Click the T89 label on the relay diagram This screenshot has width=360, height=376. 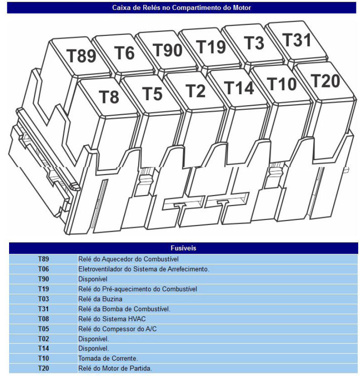click(x=81, y=56)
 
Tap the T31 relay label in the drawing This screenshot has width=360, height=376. click(x=297, y=39)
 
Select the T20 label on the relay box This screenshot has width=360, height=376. click(x=325, y=81)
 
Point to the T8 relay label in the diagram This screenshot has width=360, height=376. click(x=109, y=97)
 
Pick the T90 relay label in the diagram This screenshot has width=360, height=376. click(x=167, y=50)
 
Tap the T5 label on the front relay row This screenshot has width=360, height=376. click(x=152, y=93)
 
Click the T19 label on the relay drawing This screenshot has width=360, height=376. click(x=211, y=47)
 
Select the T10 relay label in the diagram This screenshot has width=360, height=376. click(x=282, y=84)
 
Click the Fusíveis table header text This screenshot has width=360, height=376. click(x=183, y=248)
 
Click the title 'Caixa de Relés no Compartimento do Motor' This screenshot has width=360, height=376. click(x=181, y=8)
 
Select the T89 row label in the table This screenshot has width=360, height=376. click(x=44, y=259)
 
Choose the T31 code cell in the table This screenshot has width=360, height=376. click(x=44, y=309)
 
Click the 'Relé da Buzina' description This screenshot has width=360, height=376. click(x=100, y=299)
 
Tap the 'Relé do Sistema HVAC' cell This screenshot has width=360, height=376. click(x=112, y=319)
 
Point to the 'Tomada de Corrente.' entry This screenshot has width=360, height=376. click(x=108, y=358)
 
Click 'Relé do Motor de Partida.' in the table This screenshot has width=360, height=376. click(x=115, y=368)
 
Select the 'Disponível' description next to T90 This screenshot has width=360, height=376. click(x=93, y=279)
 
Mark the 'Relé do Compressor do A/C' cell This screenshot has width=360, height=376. click(x=117, y=329)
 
